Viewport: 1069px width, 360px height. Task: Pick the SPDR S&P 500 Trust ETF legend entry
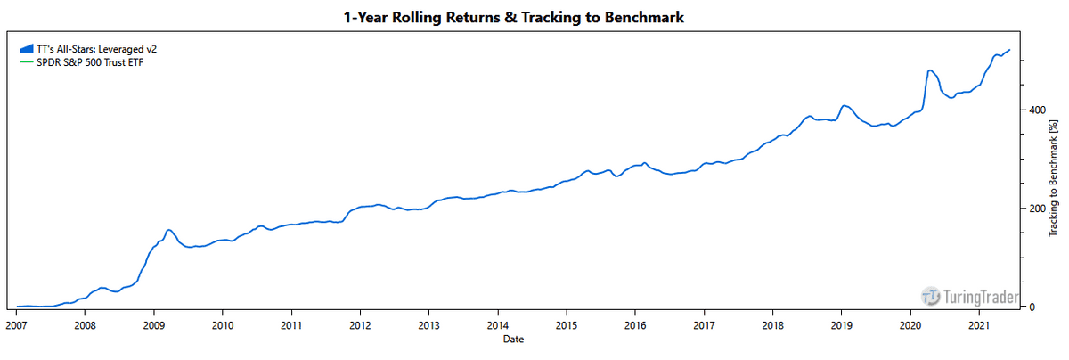coord(84,61)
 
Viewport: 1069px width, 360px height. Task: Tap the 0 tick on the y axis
coord(1031,307)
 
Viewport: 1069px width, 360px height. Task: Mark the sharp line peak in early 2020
coord(930,70)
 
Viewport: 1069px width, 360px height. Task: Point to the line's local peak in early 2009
coord(169,230)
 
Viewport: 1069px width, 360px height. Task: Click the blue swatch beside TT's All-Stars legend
coord(26,49)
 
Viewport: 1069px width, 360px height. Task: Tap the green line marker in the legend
coord(26,61)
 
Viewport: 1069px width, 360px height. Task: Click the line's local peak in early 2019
coord(845,106)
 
